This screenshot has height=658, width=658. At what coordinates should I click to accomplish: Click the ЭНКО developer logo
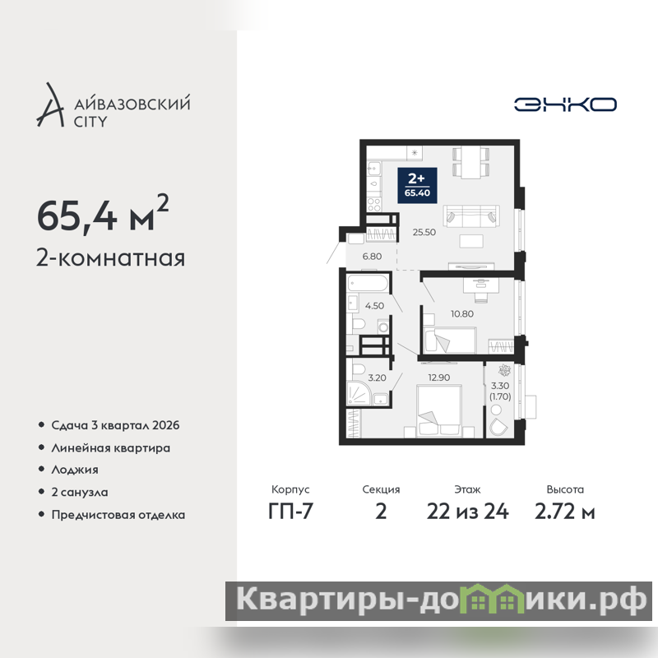(565, 104)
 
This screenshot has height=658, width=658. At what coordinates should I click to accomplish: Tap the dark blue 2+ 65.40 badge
(417, 186)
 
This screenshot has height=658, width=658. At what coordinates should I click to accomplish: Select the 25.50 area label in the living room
(424, 232)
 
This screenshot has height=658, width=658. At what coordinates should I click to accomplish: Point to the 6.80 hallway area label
(372, 257)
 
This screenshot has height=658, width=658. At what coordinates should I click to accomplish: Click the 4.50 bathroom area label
(374, 306)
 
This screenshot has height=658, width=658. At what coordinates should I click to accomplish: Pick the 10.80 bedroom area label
(462, 314)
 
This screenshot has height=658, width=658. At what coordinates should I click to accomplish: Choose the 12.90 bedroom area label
(439, 378)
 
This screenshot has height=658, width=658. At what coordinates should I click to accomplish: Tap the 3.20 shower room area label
(377, 378)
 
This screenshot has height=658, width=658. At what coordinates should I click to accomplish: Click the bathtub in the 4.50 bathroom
(368, 283)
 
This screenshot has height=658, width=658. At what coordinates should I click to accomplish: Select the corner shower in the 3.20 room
(359, 393)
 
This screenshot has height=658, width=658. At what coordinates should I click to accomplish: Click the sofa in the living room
(471, 216)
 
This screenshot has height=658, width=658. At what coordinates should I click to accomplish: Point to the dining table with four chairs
(470, 162)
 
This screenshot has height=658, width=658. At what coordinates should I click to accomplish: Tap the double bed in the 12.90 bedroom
(439, 410)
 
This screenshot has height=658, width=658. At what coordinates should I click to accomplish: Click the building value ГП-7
(290, 511)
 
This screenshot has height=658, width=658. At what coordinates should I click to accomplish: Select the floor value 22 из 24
(467, 511)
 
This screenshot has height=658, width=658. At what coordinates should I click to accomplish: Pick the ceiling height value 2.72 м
(565, 511)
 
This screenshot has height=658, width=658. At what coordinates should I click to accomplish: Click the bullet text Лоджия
(75, 470)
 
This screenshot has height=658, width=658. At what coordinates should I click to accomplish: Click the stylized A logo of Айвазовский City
(50, 104)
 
